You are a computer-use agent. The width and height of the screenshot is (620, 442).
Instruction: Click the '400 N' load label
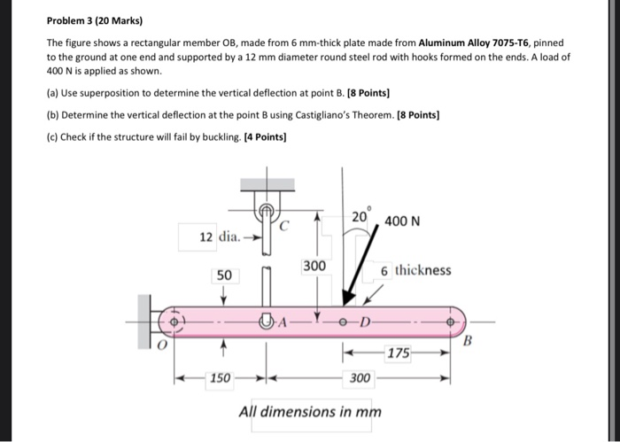coord(403,220)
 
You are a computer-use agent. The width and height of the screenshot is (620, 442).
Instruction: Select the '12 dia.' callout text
coord(220,237)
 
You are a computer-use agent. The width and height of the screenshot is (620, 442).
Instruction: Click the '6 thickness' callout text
coord(416,270)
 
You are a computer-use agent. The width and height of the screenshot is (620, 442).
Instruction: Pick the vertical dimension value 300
coord(314,267)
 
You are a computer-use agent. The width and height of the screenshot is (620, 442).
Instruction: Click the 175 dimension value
coord(399,353)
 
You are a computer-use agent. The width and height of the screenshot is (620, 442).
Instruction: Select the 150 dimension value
coord(221,378)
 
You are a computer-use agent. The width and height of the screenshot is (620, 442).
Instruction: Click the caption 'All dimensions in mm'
coord(310,412)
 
